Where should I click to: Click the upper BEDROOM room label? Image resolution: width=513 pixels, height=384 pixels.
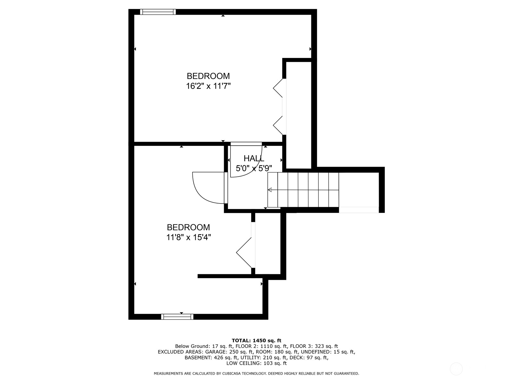click(x=208, y=76)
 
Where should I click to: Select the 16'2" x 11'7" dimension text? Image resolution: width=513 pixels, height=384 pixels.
click(x=208, y=86)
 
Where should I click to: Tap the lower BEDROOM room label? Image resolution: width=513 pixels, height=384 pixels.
click(x=188, y=227)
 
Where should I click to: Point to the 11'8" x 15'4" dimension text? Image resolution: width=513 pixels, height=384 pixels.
click(x=188, y=237)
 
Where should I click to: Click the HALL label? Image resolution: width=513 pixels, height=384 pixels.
click(x=254, y=158)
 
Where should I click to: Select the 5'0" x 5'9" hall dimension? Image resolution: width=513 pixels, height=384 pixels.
click(x=254, y=168)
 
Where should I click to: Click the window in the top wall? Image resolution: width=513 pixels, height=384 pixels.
click(x=158, y=12)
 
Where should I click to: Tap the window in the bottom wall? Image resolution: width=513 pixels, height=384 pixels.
click(x=177, y=317)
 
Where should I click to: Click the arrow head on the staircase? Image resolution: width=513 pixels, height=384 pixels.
click(x=270, y=190)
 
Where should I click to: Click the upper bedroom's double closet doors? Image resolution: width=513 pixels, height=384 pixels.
click(x=278, y=107)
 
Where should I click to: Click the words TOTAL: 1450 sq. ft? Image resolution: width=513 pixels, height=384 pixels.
click(x=256, y=340)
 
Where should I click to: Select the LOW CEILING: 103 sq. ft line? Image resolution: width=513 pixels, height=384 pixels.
click(x=256, y=363)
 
